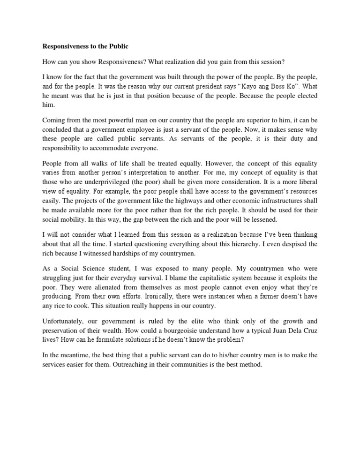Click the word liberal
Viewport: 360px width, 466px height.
click(307, 181)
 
